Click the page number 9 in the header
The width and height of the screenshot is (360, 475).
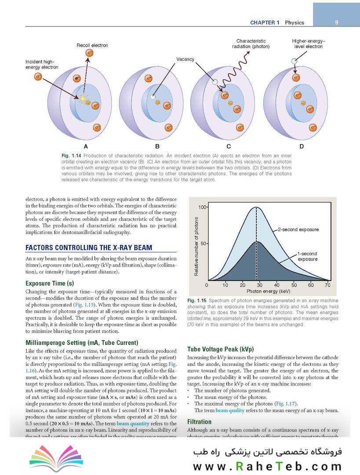click(336, 22)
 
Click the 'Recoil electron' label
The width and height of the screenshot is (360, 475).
click(92, 45)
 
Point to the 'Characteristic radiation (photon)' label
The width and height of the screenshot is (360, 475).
click(253, 44)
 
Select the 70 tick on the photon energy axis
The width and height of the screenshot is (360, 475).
click(327, 285)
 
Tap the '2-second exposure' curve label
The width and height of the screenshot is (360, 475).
click(298, 230)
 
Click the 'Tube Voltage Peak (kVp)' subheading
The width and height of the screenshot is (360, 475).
click(221, 349)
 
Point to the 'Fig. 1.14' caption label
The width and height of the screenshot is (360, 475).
click(72, 156)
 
